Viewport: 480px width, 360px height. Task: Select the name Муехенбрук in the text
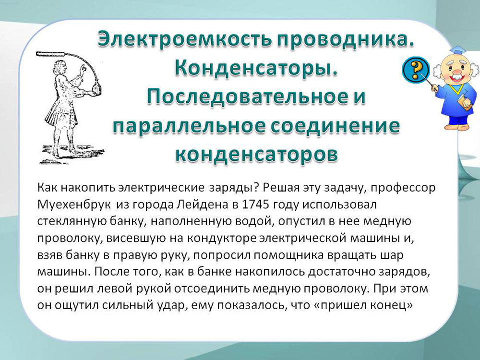(x=74, y=205)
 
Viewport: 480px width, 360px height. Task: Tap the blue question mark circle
(x=415, y=70)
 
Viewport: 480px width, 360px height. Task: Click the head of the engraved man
(x=59, y=67)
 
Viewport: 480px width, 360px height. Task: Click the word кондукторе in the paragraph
(x=222, y=238)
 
